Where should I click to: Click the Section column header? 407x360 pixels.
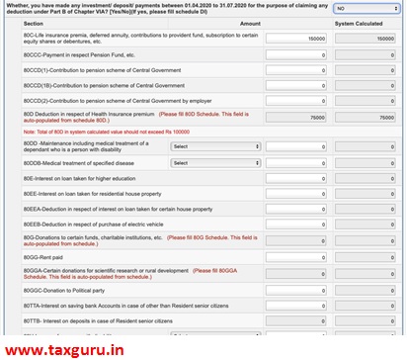tap(34, 23)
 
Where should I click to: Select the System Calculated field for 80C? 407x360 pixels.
tap(367, 40)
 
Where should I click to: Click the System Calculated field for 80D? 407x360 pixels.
tap(367, 117)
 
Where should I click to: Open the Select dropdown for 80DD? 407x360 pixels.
tap(215, 145)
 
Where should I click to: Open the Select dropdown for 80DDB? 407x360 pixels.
tap(215, 161)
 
